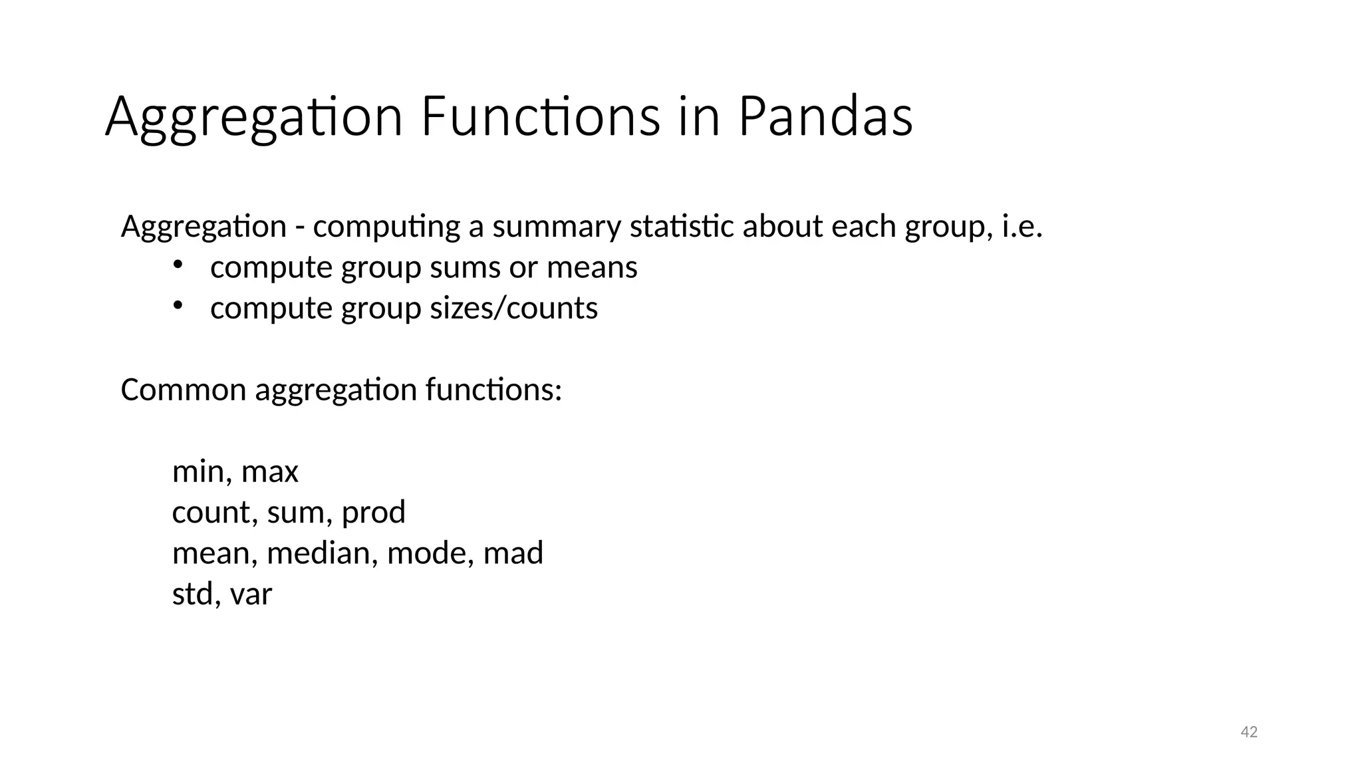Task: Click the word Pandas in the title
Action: [x=825, y=117]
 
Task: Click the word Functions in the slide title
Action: [x=540, y=117]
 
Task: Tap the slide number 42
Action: [x=1249, y=732]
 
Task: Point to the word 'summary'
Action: [x=556, y=227]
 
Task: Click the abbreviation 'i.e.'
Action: [x=1021, y=227]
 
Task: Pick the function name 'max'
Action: [x=269, y=472]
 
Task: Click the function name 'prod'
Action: [x=373, y=513]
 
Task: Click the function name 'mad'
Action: [x=513, y=553]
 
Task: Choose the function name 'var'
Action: [x=251, y=594]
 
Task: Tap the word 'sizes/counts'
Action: [x=513, y=309]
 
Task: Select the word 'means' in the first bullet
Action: [x=591, y=268]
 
